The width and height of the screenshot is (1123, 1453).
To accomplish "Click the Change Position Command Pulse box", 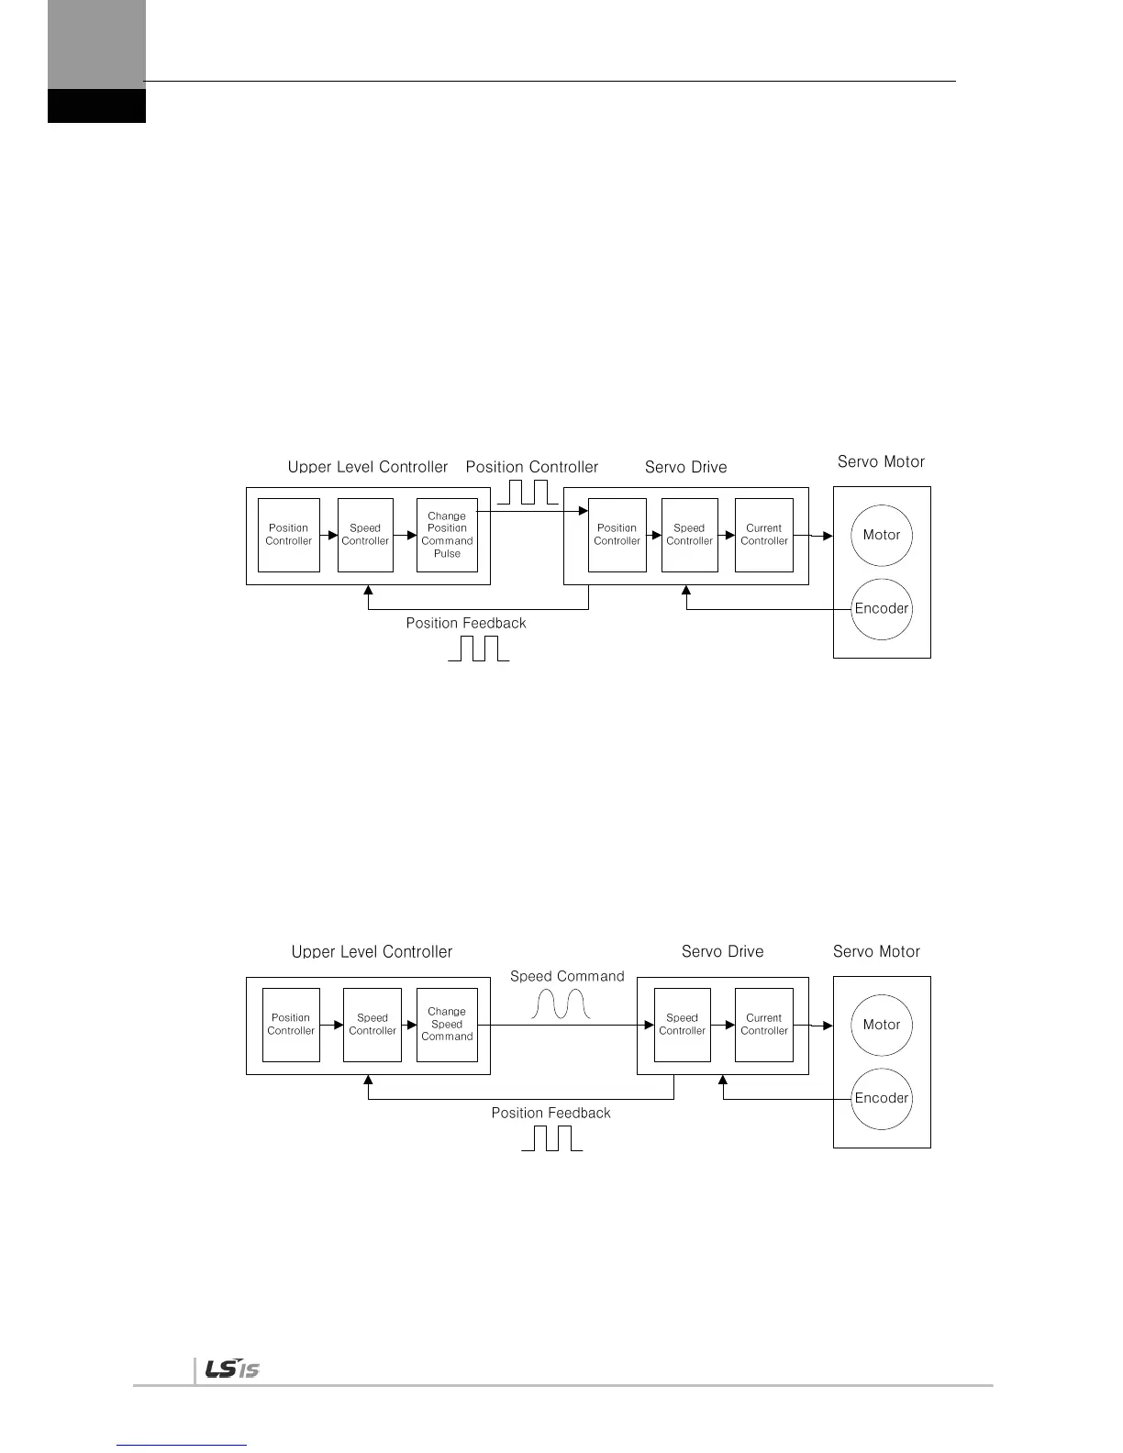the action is coord(447,535).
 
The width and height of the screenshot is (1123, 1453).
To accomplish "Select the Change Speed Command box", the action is coord(447,1025).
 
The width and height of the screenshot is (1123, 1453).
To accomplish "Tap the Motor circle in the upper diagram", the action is coord(882,535).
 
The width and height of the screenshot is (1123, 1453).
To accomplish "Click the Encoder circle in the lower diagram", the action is coord(882,1098).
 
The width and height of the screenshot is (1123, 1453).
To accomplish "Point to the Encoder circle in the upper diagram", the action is coord(882,608).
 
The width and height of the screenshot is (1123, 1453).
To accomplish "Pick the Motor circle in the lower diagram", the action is coord(882,1025).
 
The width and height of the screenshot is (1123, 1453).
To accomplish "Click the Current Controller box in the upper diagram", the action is coord(764,535).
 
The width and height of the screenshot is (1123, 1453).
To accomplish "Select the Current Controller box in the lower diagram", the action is coord(764,1025).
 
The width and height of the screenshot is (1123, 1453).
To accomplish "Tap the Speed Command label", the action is coord(567,976).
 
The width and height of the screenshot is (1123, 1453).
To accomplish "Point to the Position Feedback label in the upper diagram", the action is coord(466,623).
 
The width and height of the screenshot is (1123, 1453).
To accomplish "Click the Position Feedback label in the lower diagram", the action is coord(550,1113).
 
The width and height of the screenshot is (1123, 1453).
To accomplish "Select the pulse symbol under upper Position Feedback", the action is coord(478,648).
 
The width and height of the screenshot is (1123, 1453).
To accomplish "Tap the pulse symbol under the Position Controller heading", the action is coord(528,493).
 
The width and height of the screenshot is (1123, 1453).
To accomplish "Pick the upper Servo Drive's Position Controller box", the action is coord(617,535).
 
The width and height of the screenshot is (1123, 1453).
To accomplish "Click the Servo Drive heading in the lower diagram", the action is coord(722,951).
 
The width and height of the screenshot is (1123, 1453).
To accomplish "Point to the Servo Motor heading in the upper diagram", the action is coord(881,461).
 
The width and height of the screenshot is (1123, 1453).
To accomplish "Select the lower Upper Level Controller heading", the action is coord(372,951).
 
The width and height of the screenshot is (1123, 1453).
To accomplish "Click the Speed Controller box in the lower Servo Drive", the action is coord(683,1025).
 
